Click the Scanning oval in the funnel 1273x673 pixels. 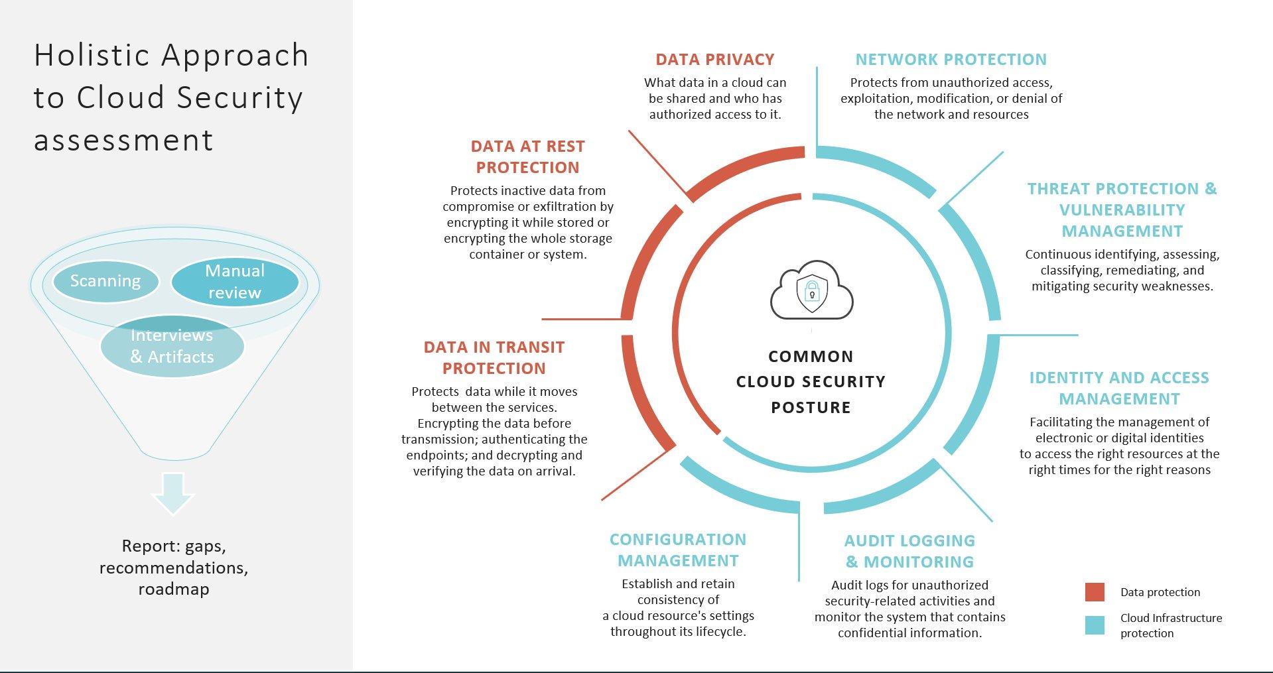pos(105,281)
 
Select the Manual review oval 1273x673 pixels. pos(234,282)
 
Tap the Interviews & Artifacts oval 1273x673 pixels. pos(172,346)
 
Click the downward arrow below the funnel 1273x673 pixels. pos(172,493)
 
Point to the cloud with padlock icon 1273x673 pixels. pos(811,291)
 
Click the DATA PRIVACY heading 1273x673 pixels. pos(714,60)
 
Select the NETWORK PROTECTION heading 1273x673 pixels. pos(951,60)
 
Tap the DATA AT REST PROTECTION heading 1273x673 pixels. pos(527,157)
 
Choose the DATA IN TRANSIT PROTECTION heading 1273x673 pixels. pos(494,358)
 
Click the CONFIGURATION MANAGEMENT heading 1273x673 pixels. pos(678,550)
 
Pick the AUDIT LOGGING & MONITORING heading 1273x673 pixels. pos(909,552)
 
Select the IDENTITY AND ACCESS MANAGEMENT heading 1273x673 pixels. pos(1119,389)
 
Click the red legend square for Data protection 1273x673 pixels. pos(1095,592)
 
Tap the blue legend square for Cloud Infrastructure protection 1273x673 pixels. pos(1095,625)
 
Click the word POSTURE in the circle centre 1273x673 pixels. pos(811,408)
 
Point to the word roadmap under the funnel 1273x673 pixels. pos(174,589)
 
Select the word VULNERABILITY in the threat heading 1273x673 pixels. pos(1122,210)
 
